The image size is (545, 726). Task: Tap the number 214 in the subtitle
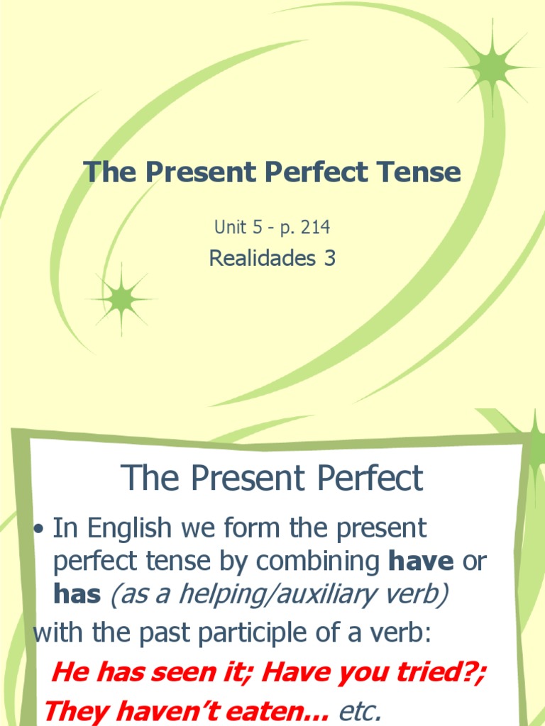tap(316, 228)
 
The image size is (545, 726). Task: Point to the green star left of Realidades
tap(121, 299)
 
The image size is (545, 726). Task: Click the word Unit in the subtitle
tap(228, 228)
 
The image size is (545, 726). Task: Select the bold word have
tap(421, 562)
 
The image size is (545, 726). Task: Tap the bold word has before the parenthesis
tap(77, 594)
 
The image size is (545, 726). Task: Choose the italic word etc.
tap(358, 709)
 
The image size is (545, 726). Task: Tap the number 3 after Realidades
tap(329, 259)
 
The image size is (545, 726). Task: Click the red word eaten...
tap(274, 709)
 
